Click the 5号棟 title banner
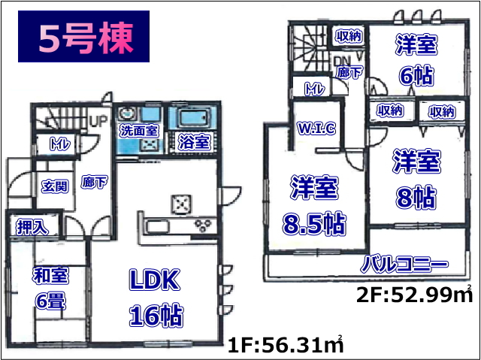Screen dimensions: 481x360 [x=83, y=37]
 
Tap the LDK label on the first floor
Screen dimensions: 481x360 [x=154, y=280]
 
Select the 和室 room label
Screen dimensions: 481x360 [x=50, y=275]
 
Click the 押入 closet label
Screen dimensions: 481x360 [x=32, y=227]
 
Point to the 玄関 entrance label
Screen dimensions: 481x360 [x=55, y=186]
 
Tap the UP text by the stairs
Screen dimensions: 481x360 [x=98, y=120]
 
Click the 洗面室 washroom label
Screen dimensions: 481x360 [x=139, y=132]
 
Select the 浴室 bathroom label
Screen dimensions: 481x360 [x=195, y=142]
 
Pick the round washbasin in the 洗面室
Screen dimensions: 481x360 [x=126, y=113]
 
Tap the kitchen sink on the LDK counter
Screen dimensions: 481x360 [x=157, y=227]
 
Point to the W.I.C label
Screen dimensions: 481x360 [x=316, y=129]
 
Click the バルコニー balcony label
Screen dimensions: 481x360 [x=404, y=265]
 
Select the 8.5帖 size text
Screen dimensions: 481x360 [x=314, y=223]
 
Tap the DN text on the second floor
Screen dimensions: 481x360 [x=341, y=62]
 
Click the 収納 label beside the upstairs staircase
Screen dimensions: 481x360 [x=349, y=37]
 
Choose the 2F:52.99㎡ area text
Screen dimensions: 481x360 [x=414, y=296]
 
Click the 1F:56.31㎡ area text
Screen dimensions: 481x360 [x=286, y=346]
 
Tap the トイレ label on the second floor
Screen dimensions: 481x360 [x=314, y=89]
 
